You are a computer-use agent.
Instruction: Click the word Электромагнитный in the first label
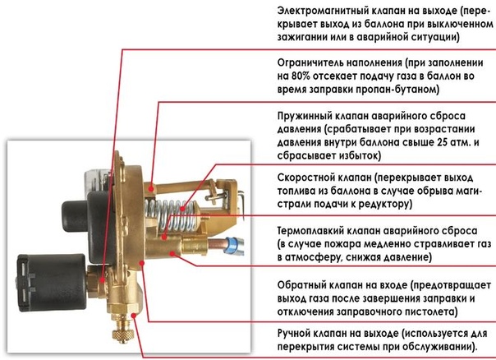pyautogui.click(x=321, y=12)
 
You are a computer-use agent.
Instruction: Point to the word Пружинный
pyautogui.click(x=305, y=116)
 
